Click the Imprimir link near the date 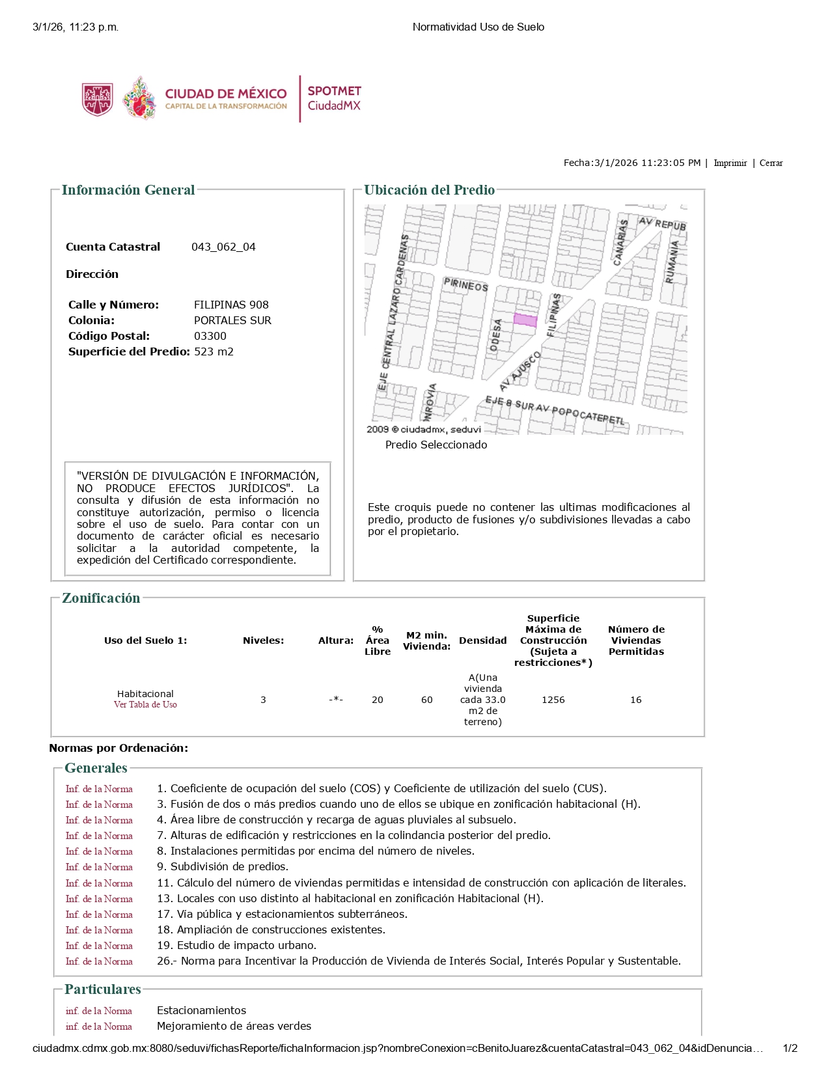pos(730,163)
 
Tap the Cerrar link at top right pos(771,163)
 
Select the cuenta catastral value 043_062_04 pos(223,247)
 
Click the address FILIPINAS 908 pos(231,305)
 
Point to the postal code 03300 pos(210,337)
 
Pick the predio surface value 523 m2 pos(214,352)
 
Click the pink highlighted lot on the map pos(525,320)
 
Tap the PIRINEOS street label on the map pos(465,284)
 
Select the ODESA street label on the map pos(496,335)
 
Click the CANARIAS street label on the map pos(620,242)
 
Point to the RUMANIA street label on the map pos(672,262)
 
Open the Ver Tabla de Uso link pos(145,705)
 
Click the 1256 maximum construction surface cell pos(553,700)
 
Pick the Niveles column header pos(263,641)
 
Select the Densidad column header pos(482,641)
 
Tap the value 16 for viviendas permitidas pos(636,700)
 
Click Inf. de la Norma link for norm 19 pos(99,946)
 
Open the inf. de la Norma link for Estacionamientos pos(99,1012)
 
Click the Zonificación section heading pos(101,599)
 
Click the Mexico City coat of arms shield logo pos(98,100)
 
